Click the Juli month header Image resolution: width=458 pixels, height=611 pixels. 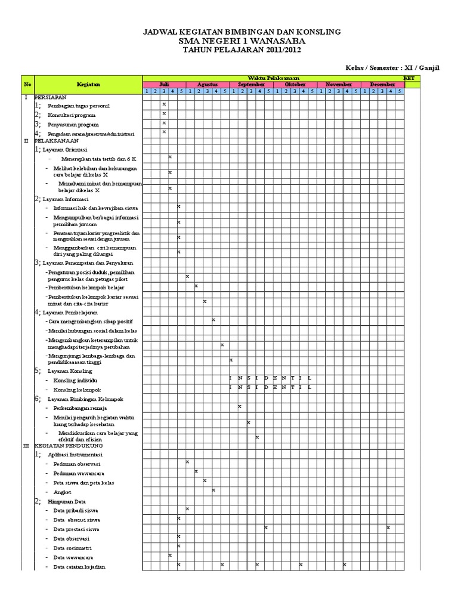click(x=165, y=85)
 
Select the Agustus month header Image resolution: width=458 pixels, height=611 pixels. click(x=208, y=85)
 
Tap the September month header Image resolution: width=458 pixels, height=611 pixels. click(x=252, y=85)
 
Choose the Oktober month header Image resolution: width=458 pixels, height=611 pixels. click(x=295, y=85)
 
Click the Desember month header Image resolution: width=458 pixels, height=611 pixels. click(x=382, y=85)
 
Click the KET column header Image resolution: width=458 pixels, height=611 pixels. click(x=409, y=78)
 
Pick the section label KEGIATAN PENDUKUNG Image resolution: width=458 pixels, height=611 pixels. click(x=69, y=446)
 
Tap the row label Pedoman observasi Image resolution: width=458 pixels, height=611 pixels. click(x=76, y=464)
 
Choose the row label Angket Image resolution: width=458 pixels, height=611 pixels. click(x=61, y=491)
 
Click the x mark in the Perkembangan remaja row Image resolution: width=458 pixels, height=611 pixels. click(x=239, y=406)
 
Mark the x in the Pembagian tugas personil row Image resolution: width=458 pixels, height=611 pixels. click(x=164, y=104)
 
